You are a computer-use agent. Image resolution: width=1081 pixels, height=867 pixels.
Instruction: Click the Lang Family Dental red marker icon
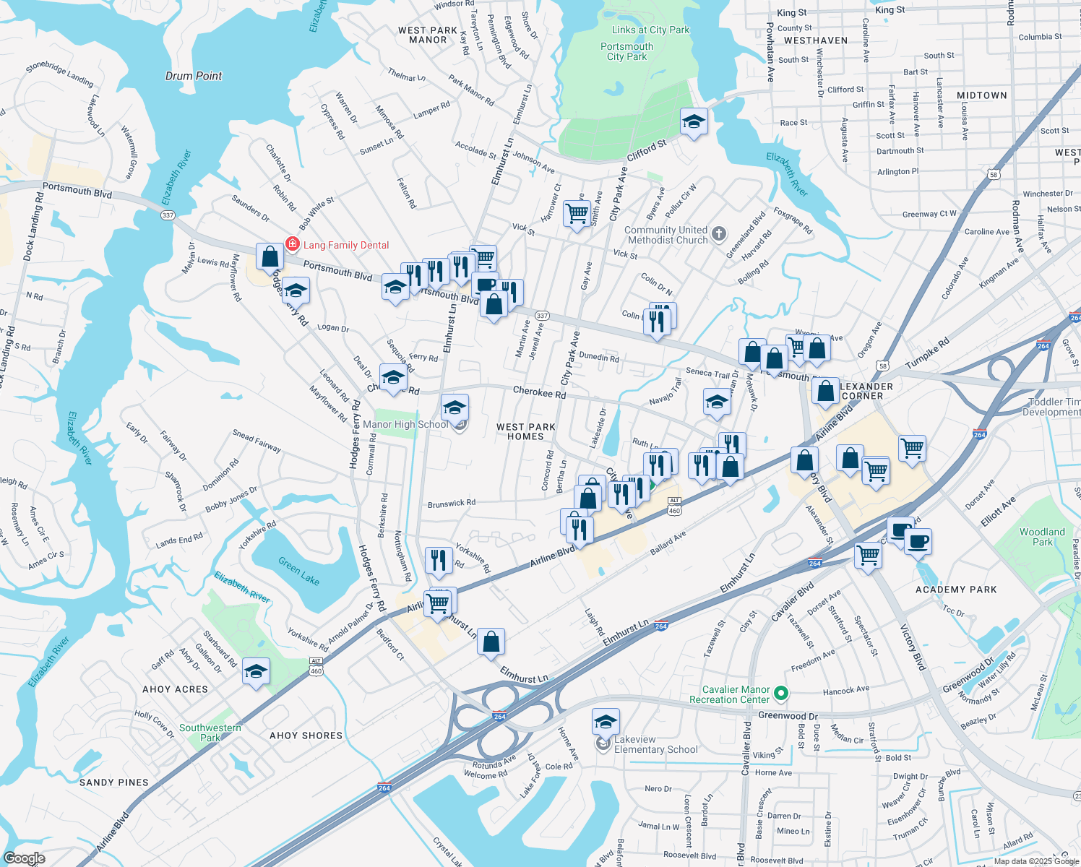pos(293,244)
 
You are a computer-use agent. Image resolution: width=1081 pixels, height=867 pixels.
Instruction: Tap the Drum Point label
pos(194,76)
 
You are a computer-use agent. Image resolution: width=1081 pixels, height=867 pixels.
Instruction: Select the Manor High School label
pos(405,425)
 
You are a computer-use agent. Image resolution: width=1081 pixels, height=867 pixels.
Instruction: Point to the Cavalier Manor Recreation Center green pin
pos(780,694)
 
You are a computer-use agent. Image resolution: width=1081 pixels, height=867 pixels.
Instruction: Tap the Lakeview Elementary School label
pos(655,744)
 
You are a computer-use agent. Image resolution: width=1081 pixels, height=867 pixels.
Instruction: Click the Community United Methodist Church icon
pos(718,233)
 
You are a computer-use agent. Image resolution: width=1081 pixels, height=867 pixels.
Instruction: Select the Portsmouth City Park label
pos(626,51)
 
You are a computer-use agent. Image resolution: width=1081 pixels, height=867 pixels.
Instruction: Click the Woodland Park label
pos(1042,537)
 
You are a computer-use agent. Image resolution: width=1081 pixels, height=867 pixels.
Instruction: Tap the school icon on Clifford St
pos(694,121)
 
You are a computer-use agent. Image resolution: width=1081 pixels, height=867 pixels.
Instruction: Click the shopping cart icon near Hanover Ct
pos(577,213)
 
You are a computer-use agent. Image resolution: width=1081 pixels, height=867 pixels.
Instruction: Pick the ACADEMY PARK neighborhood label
pos(955,590)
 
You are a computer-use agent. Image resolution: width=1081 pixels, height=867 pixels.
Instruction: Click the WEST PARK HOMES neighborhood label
pos(525,431)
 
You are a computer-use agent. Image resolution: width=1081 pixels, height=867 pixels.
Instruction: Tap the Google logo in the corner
pos(24,858)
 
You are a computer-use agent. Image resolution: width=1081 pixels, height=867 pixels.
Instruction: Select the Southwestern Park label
pos(210,733)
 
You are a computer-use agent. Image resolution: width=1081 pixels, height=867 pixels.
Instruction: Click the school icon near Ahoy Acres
pos(256,671)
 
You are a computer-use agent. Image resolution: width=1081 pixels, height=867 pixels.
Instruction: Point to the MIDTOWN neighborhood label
pos(981,95)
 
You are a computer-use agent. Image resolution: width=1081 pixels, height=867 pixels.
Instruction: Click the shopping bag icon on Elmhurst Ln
pos(491,642)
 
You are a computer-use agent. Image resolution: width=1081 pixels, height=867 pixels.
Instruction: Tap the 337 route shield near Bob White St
pos(168,215)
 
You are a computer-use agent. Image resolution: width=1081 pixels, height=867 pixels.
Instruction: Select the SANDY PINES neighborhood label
pos(114,782)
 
